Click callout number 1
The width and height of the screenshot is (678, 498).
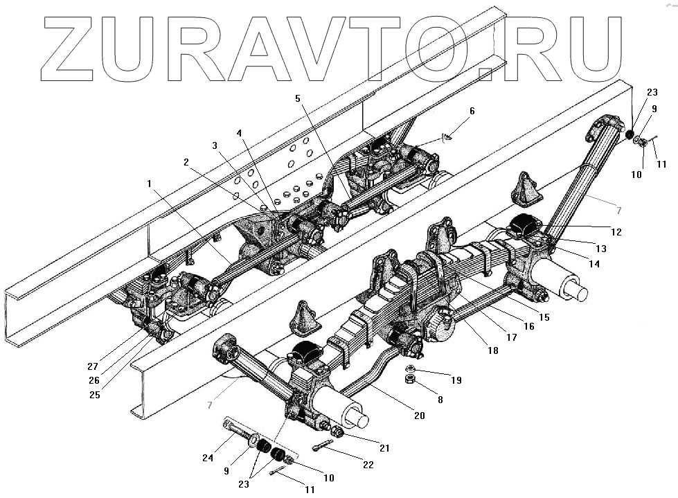pyautogui.click(x=151, y=184)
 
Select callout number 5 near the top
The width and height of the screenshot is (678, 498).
pyautogui.click(x=298, y=98)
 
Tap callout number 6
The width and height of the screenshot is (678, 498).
pyautogui.click(x=472, y=110)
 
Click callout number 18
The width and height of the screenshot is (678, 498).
pyautogui.click(x=492, y=350)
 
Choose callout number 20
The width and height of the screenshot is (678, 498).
pyautogui.click(x=419, y=415)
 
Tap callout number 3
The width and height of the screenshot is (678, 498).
pyautogui.click(x=215, y=145)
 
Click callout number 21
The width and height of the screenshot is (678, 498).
pyautogui.click(x=384, y=448)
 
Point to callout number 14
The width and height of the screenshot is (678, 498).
pyautogui.click(x=594, y=263)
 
